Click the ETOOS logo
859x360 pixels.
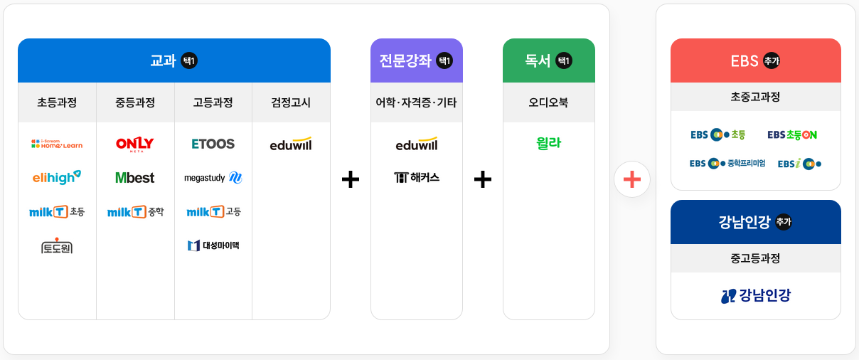[213, 144]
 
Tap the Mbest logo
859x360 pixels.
[135, 178]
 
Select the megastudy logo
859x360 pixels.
[213, 178]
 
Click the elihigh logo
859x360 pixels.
[57, 177]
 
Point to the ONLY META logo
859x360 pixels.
[135, 144]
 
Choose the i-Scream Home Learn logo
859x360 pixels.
[57, 144]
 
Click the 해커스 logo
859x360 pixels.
[417, 177]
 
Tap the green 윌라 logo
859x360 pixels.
[548, 143]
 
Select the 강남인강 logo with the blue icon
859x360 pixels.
[756, 295]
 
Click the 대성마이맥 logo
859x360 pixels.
[213, 245]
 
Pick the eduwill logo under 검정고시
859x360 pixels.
[291, 144]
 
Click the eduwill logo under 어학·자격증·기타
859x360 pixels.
[417, 144]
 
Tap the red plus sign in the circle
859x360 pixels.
[632, 179]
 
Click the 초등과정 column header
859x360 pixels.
[57, 102]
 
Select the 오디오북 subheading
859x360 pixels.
[548, 102]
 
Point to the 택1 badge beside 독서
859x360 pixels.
[564, 60]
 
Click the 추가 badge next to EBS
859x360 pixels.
[772, 60]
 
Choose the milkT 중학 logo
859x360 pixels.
[135, 212]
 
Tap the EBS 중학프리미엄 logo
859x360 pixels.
[727, 164]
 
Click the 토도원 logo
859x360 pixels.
[57, 246]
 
